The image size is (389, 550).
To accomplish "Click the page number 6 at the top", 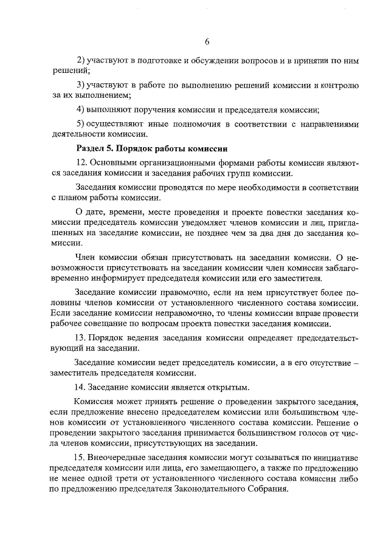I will coord(207,41).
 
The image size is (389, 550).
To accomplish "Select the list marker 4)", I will coord(80,109).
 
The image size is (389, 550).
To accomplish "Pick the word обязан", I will coord(164,257).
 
